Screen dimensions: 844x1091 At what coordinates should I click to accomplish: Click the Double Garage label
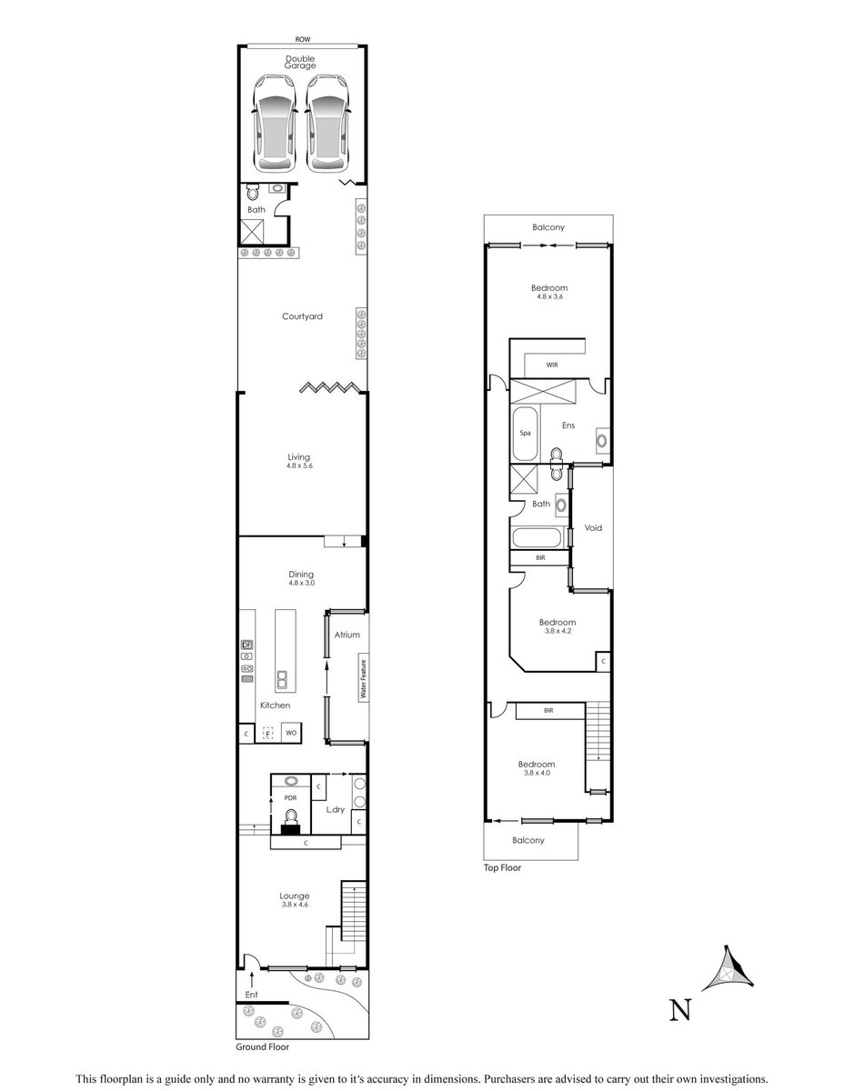pos(300,62)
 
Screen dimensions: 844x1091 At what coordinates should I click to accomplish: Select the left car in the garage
pos(275,124)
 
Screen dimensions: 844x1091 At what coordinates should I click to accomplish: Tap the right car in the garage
pos(327,124)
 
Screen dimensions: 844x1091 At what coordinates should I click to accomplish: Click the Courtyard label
pos(302,316)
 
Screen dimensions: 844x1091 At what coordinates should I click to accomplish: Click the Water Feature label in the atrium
pos(364,679)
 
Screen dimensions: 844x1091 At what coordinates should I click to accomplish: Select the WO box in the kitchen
pos(291,733)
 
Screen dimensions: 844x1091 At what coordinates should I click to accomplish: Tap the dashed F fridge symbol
pos(268,734)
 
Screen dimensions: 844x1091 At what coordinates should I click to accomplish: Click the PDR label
pos(290,797)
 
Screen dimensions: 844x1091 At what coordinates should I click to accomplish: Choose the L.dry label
pos(335,809)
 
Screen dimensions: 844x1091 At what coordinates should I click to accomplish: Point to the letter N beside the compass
pos(680,1010)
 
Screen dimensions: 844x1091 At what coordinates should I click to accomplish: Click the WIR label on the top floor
pos(552,365)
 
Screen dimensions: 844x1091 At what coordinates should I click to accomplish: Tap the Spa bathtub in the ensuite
pos(525,434)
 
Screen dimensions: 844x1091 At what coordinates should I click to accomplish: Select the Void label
pos(593,527)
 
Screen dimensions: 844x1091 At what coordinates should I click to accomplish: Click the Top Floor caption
pos(502,867)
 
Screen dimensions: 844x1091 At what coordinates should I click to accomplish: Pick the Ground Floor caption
pos(263,1046)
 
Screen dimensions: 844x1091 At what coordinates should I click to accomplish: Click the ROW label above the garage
pos(303,39)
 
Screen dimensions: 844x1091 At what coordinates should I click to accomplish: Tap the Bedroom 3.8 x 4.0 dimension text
pos(537,773)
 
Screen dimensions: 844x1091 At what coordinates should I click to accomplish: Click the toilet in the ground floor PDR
pos(290,820)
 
